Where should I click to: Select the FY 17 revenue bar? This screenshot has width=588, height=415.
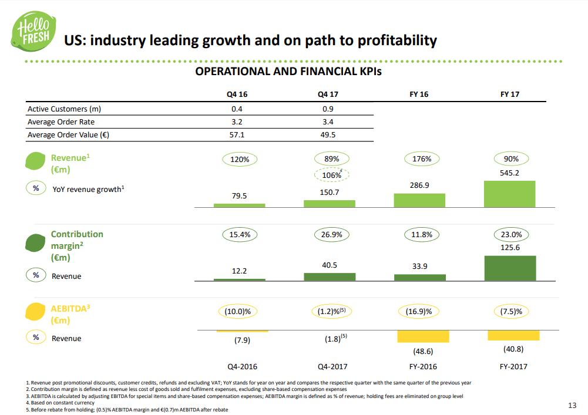point(509,194)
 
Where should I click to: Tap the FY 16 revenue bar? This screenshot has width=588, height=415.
point(419,200)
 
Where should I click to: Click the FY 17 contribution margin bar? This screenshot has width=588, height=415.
point(509,268)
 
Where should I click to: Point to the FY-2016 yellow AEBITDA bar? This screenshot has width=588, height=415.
point(419,336)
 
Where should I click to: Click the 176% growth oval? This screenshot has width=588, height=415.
point(419,158)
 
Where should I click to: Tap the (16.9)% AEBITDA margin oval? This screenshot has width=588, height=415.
point(419,311)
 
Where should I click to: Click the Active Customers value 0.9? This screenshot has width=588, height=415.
point(329,109)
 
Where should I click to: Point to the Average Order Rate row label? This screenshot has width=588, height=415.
point(61,122)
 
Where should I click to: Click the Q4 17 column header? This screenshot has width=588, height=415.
point(329,94)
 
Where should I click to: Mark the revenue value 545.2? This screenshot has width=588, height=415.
point(509,173)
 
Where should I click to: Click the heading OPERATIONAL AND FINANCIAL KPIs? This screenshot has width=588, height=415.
point(288,72)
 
